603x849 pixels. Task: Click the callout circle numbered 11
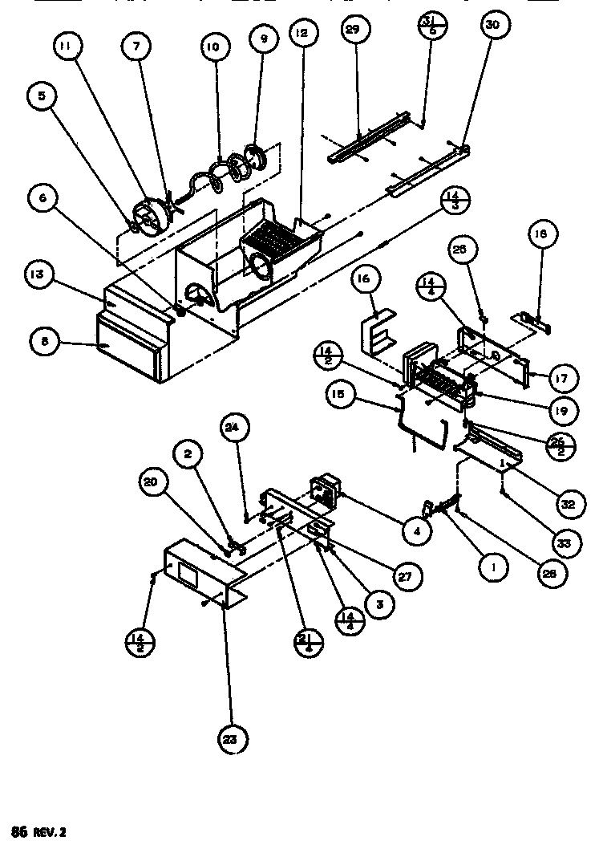(x=67, y=47)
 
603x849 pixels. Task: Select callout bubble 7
(x=136, y=47)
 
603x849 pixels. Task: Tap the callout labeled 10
(x=212, y=47)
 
